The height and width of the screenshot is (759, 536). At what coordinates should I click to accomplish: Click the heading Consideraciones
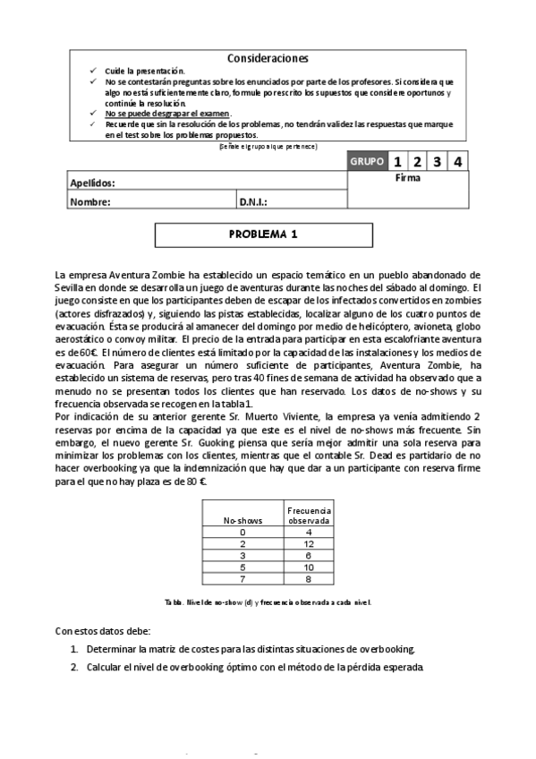268,58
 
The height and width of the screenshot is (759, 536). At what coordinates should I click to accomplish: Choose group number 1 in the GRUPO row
396,162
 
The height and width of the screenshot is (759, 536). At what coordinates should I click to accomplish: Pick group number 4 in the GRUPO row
457,162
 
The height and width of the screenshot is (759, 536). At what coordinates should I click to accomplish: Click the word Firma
407,178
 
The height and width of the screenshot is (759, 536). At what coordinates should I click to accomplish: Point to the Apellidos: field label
93,183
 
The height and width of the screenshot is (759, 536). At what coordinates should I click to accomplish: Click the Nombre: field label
90,202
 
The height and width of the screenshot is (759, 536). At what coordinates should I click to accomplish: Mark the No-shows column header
242,519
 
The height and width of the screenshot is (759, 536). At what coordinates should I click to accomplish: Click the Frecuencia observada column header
309,514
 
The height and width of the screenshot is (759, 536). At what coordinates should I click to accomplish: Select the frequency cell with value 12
309,543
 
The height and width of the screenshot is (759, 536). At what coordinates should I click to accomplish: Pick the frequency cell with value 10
309,567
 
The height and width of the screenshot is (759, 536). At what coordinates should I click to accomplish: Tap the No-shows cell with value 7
242,578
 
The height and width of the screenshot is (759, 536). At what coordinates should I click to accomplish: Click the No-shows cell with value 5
242,567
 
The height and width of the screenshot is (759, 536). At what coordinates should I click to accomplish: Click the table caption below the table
268,602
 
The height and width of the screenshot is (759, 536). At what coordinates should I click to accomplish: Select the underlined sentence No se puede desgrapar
167,114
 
